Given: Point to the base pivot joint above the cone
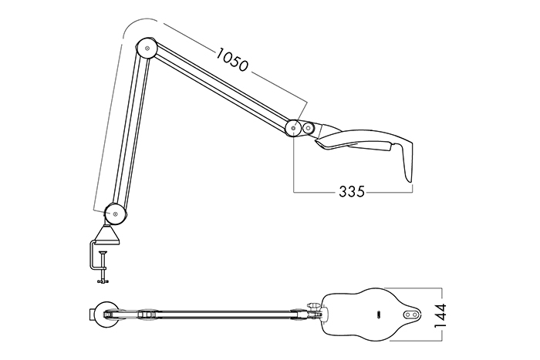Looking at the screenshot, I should [114, 210].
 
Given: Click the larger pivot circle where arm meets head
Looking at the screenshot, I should [293, 128].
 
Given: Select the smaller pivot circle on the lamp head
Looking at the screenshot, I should [309, 128].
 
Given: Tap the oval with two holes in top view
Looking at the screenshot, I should [410, 315].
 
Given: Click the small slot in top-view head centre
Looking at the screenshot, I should [380, 315].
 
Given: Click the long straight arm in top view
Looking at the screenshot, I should [224, 315].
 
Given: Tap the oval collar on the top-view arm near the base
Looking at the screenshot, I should [146, 315].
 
